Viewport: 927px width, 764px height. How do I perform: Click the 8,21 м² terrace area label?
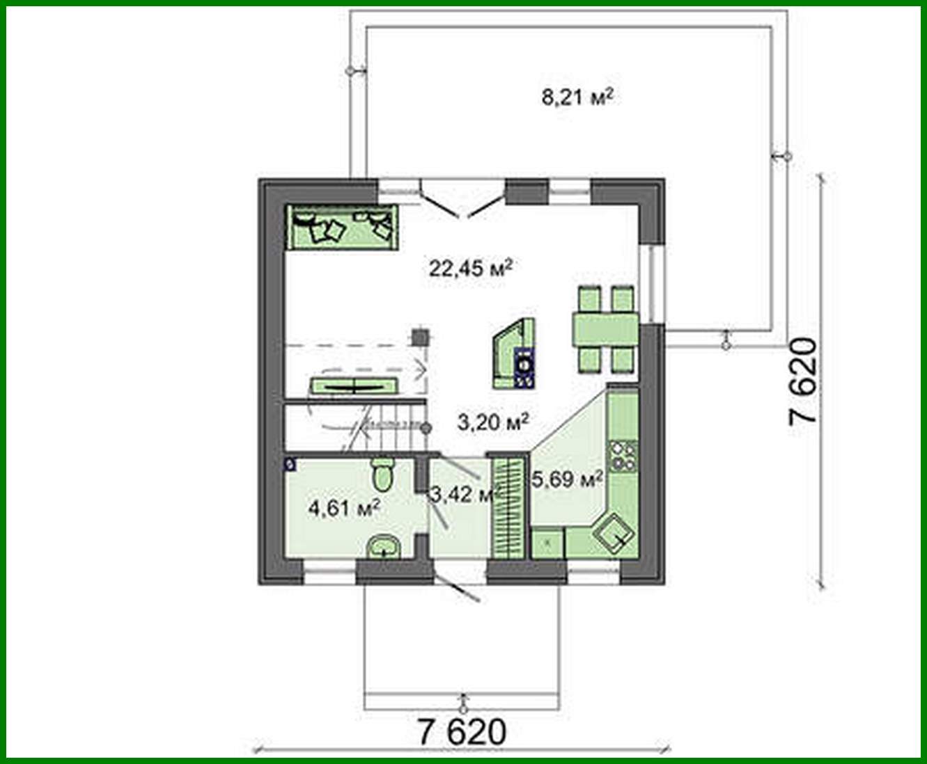(577, 97)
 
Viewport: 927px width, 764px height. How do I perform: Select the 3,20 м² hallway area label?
(493, 420)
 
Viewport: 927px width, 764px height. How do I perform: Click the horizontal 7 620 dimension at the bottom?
(462, 731)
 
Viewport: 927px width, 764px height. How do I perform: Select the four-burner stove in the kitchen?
(623, 454)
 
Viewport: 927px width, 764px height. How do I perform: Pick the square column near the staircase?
(420, 337)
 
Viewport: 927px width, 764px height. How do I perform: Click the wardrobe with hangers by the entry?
(507, 506)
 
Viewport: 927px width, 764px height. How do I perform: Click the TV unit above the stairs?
(354, 385)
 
